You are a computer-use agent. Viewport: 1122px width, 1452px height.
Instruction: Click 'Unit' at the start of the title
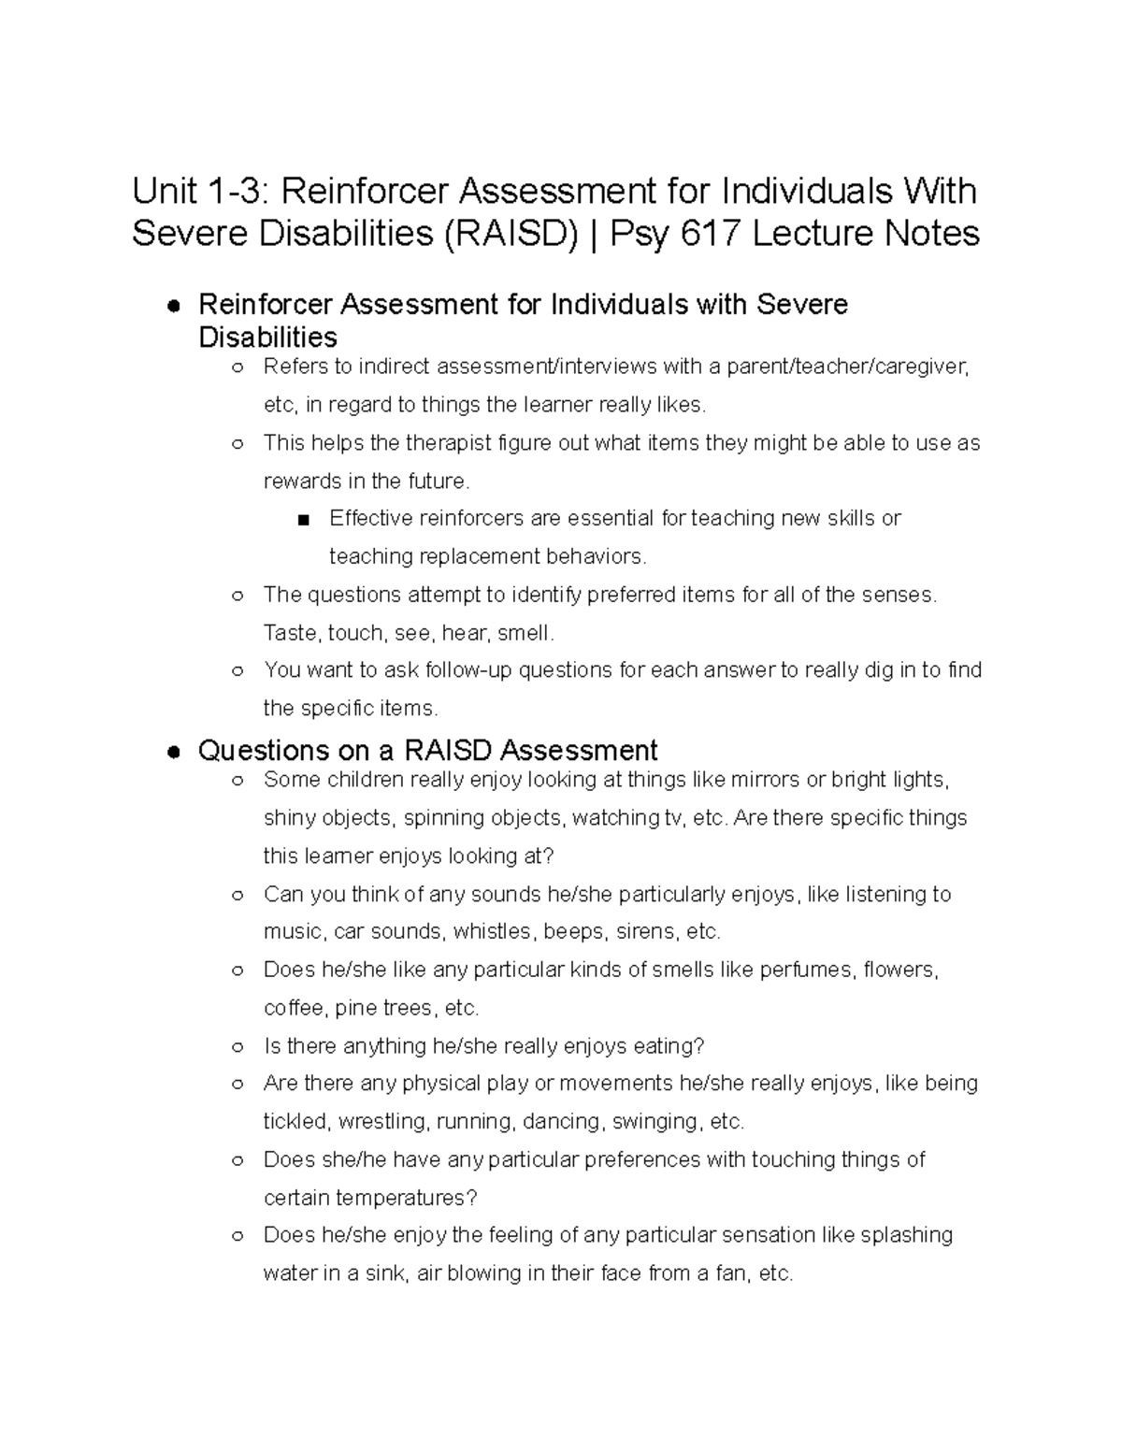[164, 192]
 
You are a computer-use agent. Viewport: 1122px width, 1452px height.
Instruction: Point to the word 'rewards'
[299, 481]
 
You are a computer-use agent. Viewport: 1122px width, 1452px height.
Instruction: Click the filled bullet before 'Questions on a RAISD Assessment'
[173, 752]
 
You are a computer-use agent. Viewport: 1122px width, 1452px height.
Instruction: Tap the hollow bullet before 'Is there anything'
[237, 1046]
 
